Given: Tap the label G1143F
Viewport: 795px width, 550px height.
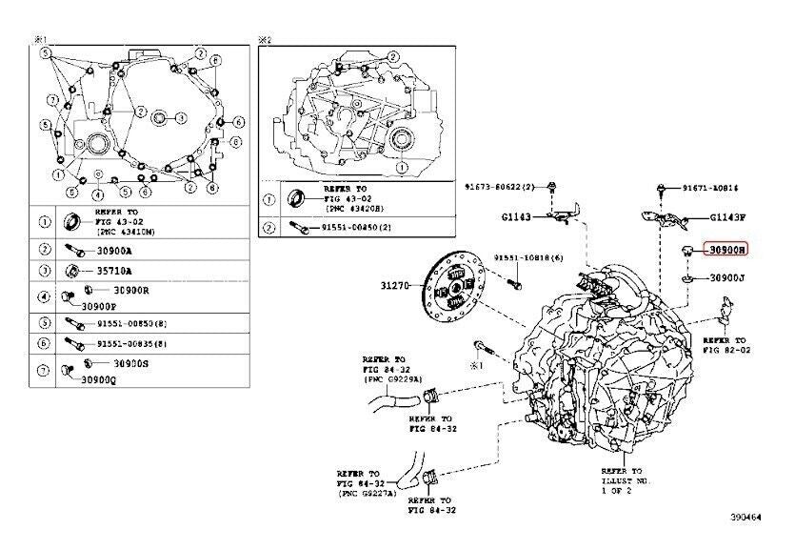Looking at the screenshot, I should (728, 217).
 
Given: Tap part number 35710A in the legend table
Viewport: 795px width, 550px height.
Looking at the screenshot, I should (114, 270).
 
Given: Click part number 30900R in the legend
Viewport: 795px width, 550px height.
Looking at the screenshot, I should (131, 290).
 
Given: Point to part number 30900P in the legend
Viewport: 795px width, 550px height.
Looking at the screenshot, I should (100, 306).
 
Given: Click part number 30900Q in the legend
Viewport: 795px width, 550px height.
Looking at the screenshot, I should (99, 380).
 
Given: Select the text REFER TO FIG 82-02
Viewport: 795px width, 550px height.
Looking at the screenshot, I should (728, 344).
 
